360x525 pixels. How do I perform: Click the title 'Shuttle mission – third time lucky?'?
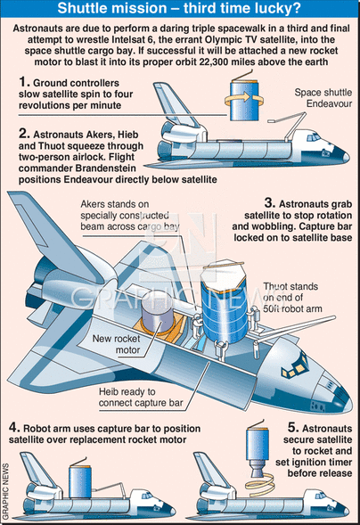pyautogui.click(x=179, y=8)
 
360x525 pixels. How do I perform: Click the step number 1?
pyautogui.click(x=24, y=82)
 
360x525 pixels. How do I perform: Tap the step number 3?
pyautogui.click(x=270, y=202)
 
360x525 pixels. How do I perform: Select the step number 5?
pyautogui.click(x=293, y=427)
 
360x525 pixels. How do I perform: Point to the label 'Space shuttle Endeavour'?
pyautogui.click(x=323, y=98)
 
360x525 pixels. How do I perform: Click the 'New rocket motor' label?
pyautogui.click(x=116, y=344)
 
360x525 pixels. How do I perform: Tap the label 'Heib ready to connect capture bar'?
pyautogui.click(x=141, y=398)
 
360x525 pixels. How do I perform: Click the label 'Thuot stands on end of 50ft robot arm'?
pyautogui.click(x=292, y=298)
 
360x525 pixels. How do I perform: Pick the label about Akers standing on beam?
pyautogui.click(x=130, y=216)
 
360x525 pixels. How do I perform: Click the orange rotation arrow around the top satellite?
pyautogui.click(x=243, y=97)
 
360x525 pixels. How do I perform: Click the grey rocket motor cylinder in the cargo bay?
pyautogui.click(x=157, y=312)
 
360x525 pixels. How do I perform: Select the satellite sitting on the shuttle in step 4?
pyautogui.click(x=80, y=480)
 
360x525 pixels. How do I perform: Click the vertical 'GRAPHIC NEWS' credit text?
pyautogui.click(x=5, y=491)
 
